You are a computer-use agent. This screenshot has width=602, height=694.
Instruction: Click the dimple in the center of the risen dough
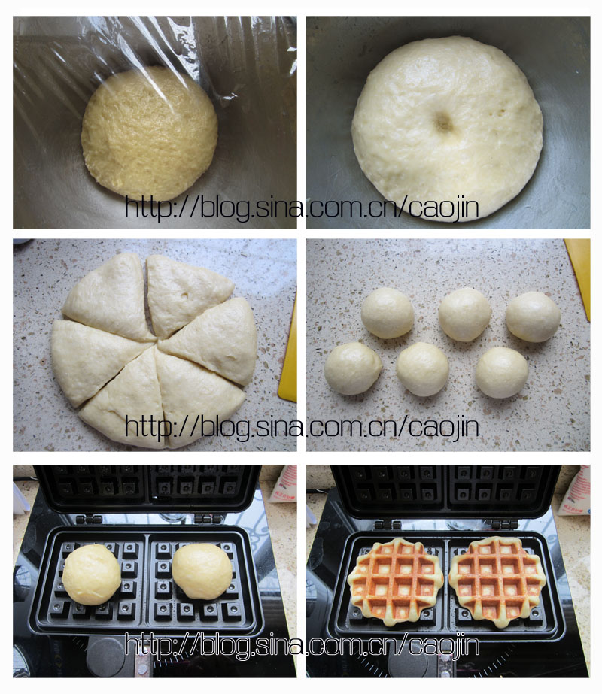click(x=444, y=121)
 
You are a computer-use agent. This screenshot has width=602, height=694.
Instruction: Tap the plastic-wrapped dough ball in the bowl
click(x=150, y=133)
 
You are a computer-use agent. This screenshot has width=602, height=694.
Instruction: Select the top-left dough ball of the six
click(x=387, y=313)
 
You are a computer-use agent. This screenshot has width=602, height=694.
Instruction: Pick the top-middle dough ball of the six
click(x=465, y=314)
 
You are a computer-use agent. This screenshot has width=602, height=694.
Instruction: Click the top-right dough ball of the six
click(x=533, y=317)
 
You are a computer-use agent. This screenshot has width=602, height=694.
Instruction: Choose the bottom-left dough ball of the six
click(x=353, y=368)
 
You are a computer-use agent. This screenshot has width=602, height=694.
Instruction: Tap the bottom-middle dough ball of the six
click(x=423, y=369)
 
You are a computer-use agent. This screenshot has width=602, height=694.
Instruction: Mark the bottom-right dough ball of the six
click(x=502, y=372)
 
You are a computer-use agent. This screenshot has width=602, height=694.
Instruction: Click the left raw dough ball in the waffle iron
click(x=91, y=574)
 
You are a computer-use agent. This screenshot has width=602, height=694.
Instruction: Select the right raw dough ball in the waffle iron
click(x=202, y=571)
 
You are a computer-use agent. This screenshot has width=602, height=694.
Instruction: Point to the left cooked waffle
click(x=395, y=580)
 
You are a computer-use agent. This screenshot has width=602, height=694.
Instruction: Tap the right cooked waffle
click(x=497, y=580)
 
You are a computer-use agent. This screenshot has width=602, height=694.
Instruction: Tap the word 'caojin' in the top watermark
click(x=443, y=207)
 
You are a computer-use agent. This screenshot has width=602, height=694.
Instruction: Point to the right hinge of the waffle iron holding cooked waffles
click(x=505, y=525)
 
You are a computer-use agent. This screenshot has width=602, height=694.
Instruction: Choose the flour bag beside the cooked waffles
click(x=574, y=490)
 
